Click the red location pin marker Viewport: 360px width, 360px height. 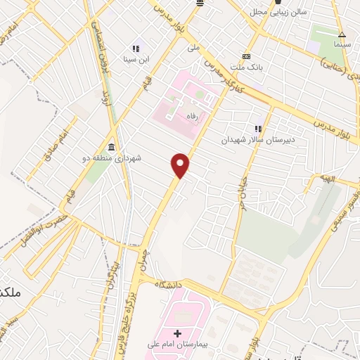(181, 165)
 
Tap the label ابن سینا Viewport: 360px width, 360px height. (136, 59)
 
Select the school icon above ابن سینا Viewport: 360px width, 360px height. (136, 49)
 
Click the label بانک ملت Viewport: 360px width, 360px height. (247, 67)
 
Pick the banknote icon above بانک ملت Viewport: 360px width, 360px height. (246, 56)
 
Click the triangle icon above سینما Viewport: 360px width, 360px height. (342, 34)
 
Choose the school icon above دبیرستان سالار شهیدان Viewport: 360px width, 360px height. (258, 129)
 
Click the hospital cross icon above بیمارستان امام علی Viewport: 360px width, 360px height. (177, 333)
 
